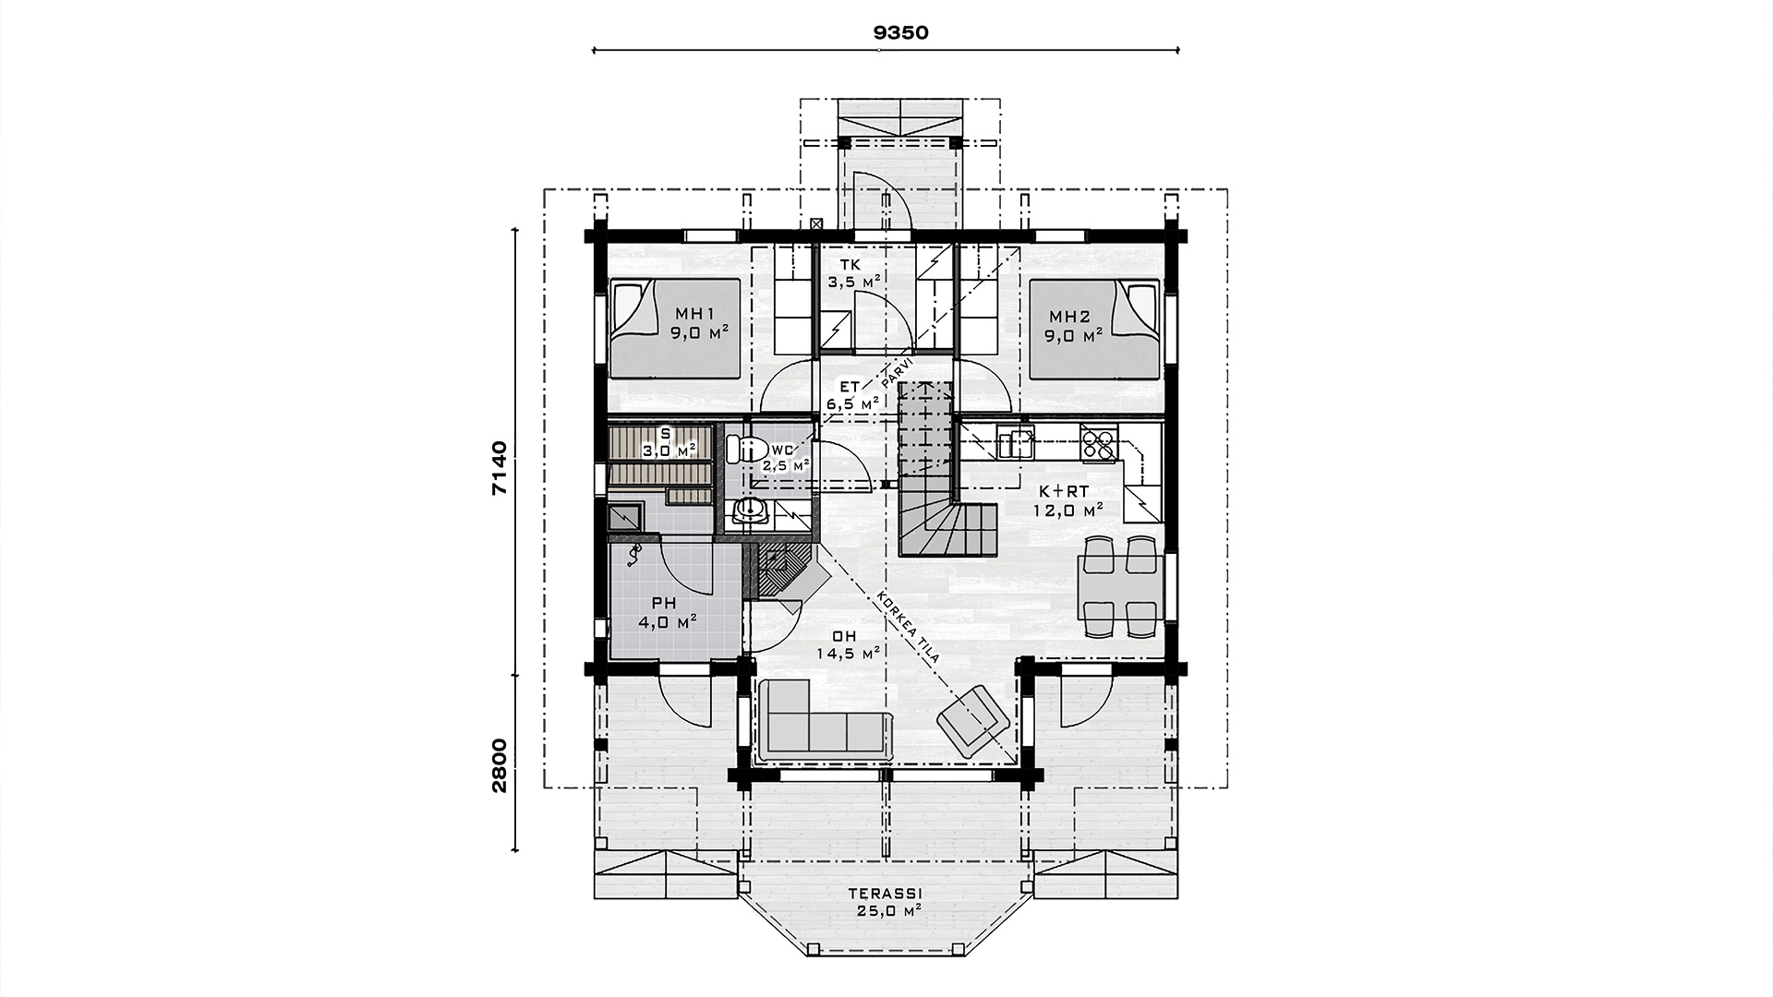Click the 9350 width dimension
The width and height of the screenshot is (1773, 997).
tap(900, 32)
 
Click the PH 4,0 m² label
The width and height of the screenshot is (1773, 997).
tap(665, 612)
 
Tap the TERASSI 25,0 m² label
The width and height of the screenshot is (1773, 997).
tap(886, 902)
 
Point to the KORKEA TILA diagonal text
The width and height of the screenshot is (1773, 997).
tap(909, 628)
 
